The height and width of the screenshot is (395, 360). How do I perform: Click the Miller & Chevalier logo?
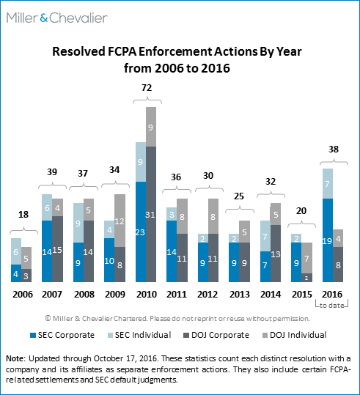(x=57, y=18)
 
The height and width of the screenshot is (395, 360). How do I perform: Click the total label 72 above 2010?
(x=147, y=88)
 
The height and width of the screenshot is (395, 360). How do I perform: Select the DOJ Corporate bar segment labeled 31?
(x=151, y=214)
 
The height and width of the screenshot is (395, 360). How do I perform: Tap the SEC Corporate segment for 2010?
(x=141, y=232)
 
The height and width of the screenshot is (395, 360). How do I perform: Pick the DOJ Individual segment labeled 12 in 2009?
(x=120, y=221)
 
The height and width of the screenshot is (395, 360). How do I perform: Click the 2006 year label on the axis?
(x=23, y=295)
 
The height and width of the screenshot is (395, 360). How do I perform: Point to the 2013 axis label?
(x=239, y=295)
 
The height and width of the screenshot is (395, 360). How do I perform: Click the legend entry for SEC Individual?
(x=139, y=335)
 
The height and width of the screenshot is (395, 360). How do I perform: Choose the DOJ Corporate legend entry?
(x=216, y=335)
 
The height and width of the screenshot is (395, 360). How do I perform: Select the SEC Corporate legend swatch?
(x=33, y=336)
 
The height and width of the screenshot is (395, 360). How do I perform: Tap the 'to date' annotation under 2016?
(x=331, y=306)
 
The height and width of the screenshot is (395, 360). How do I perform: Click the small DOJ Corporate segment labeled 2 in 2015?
(x=306, y=278)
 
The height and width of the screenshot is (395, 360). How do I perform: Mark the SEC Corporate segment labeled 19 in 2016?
(x=328, y=240)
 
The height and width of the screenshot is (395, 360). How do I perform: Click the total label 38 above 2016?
(x=334, y=149)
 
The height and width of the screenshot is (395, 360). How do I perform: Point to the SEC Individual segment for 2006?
(x=16, y=251)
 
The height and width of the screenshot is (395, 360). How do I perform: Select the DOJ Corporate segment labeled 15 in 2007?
(x=57, y=249)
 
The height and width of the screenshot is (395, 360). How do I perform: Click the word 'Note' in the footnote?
(x=15, y=358)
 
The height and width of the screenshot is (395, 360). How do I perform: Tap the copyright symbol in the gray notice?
(x=48, y=318)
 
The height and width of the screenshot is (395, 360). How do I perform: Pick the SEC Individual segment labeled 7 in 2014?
(x=265, y=236)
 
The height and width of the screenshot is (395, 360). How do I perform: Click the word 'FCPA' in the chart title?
(x=122, y=51)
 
